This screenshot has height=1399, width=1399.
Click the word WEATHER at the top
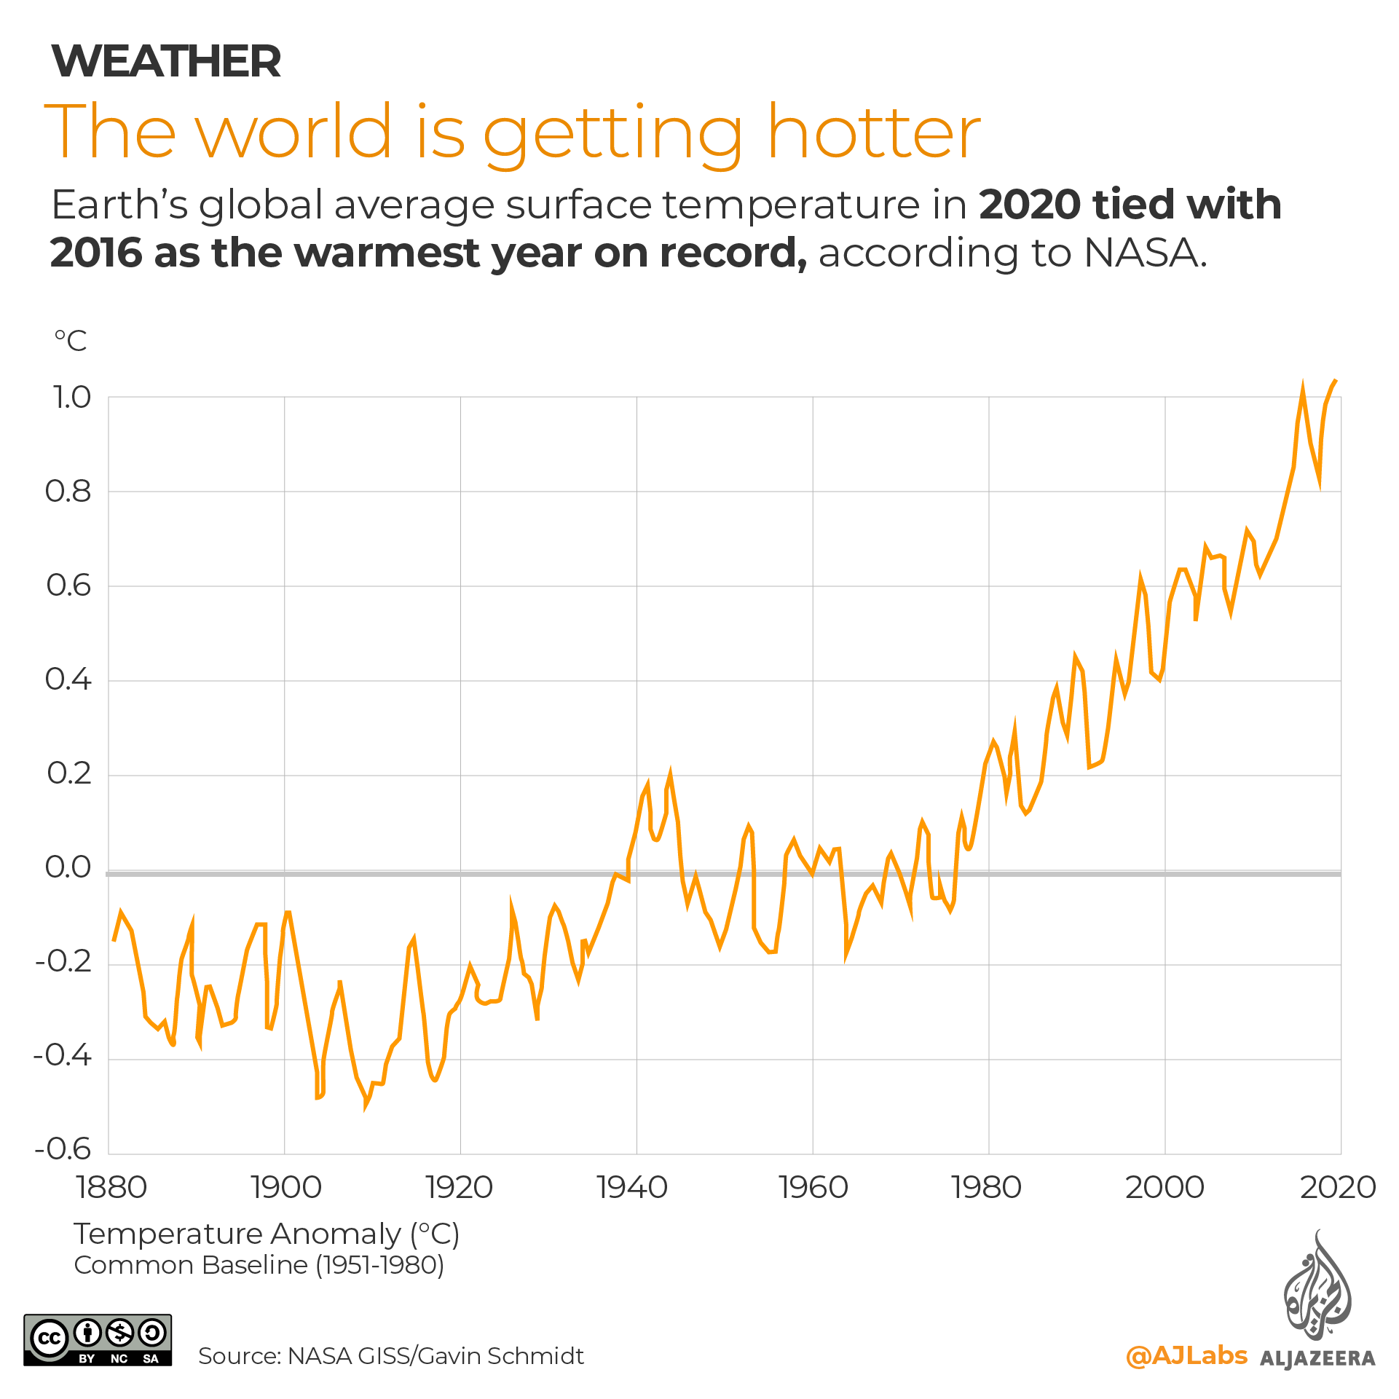click(166, 61)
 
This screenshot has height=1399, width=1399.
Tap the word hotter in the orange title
click(874, 132)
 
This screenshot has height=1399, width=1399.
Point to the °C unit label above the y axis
click(71, 341)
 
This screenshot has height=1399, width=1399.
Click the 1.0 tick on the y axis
click(71, 398)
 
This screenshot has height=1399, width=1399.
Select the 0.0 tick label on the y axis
click(68, 867)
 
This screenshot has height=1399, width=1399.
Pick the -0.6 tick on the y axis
click(63, 1148)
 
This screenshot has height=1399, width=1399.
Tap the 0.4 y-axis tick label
click(68, 679)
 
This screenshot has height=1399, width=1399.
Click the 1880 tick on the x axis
click(111, 1188)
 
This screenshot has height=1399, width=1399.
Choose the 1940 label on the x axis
click(632, 1188)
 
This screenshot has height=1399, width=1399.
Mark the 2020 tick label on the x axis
click(1338, 1188)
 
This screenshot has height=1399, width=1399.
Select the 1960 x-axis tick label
click(813, 1188)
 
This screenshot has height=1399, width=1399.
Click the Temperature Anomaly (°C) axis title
click(267, 1234)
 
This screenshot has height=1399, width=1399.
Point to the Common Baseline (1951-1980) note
click(259, 1265)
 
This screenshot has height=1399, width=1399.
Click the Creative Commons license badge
click(98, 1339)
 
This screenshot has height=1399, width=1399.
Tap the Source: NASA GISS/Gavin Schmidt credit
click(391, 1356)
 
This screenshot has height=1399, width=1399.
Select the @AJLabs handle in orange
click(1186, 1355)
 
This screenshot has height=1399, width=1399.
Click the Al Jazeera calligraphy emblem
click(1317, 1287)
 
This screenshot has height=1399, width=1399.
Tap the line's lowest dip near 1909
click(366, 1107)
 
